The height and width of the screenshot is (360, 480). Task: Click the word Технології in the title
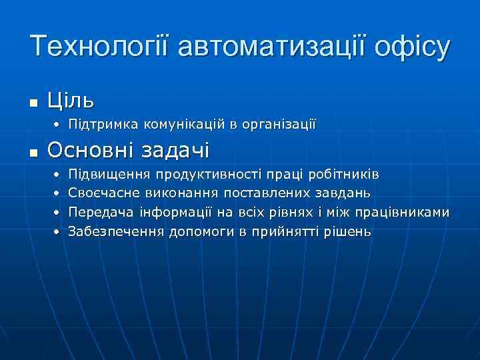click(99, 47)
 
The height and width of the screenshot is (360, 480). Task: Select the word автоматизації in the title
click(265, 47)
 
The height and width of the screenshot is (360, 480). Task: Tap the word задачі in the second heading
click(175, 151)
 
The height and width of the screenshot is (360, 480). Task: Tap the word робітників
click(345, 175)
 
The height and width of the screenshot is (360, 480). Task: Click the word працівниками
click(403, 213)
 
